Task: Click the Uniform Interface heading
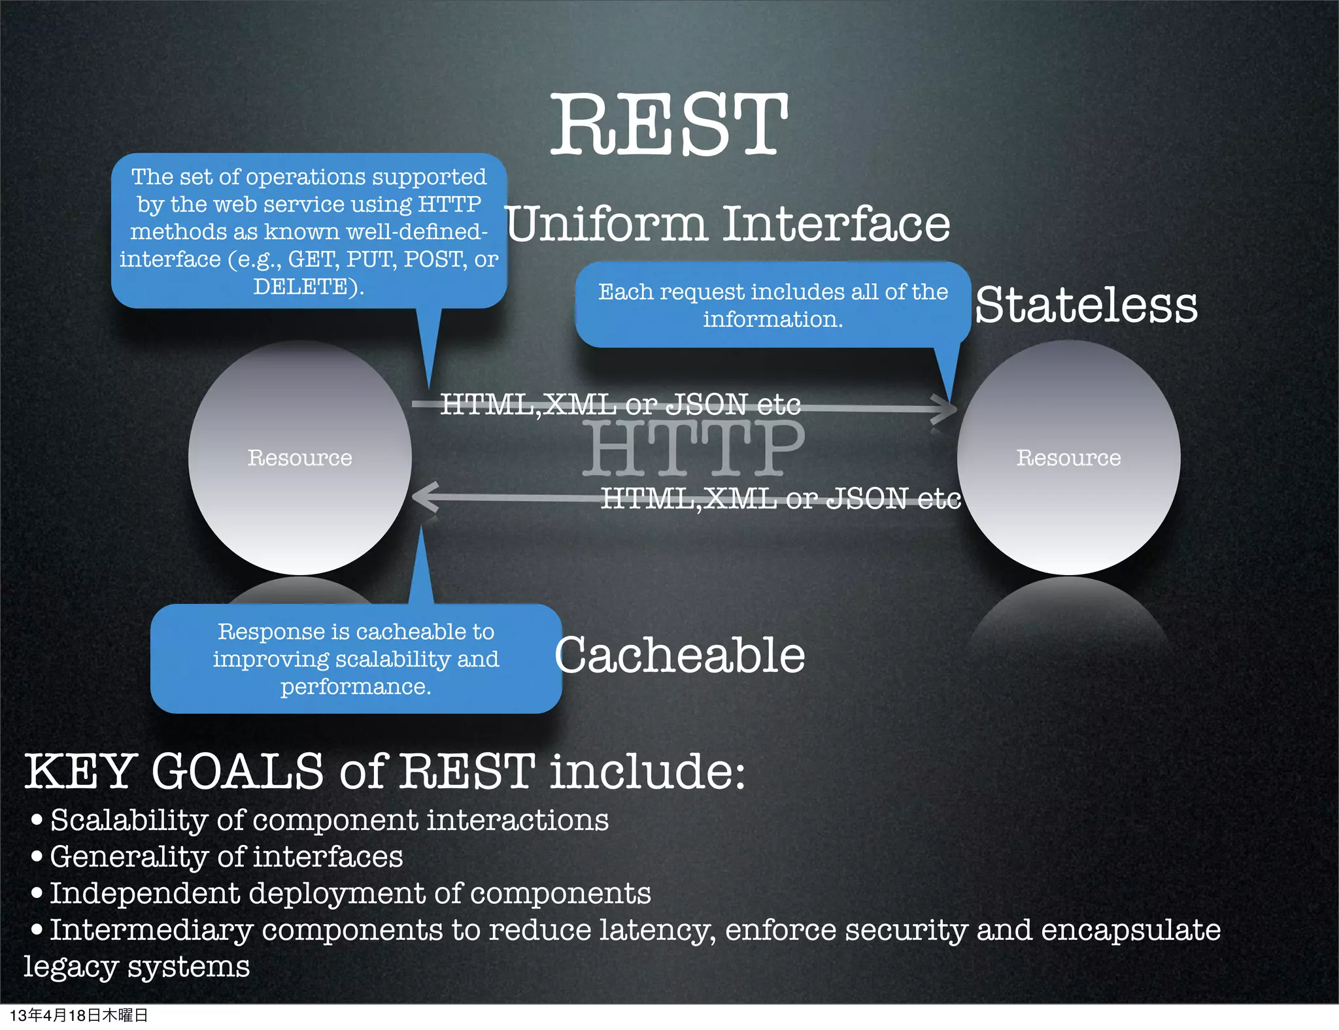pyautogui.click(x=727, y=224)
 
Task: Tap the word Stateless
pyautogui.click(x=1085, y=305)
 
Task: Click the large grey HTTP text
pyautogui.click(x=693, y=450)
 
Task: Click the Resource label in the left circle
pyautogui.click(x=299, y=457)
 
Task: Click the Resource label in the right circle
pyautogui.click(x=1068, y=457)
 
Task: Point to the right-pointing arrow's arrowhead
pyautogui.click(x=947, y=410)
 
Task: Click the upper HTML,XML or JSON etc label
pyautogui.click(x=620, y=404)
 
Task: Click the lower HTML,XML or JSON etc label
pyautogui.click(x=781, y=499)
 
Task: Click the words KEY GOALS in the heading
pyautogui.click(x=173, y=771)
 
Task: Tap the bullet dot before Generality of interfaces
pyautogui.click(x=37, y=856)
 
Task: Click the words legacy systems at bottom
pyautogui.click(x=137, y=966)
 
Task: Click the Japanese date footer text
pyautogui.click(x=78, y=1015)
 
